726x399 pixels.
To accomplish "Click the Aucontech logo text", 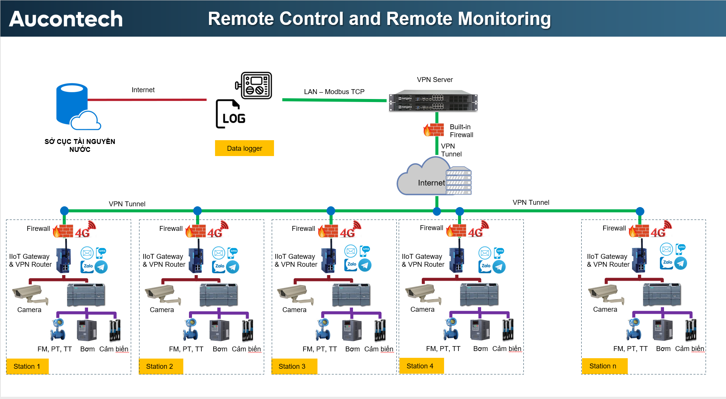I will point(66,19).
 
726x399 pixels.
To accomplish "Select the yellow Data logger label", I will point(244,148).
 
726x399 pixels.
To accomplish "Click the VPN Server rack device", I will point(433,101).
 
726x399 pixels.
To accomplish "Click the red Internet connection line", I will point(147,100).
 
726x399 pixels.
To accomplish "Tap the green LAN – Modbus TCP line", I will point(334,100).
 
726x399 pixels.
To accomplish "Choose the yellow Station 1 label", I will point(27,366).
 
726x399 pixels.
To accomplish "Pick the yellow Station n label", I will point(604,366).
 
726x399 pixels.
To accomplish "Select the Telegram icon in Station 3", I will point(365,265).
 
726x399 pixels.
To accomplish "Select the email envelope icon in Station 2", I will point(218,252).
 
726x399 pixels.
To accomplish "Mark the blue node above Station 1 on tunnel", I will point(64,210).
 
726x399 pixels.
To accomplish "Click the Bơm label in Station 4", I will point(480,349).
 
